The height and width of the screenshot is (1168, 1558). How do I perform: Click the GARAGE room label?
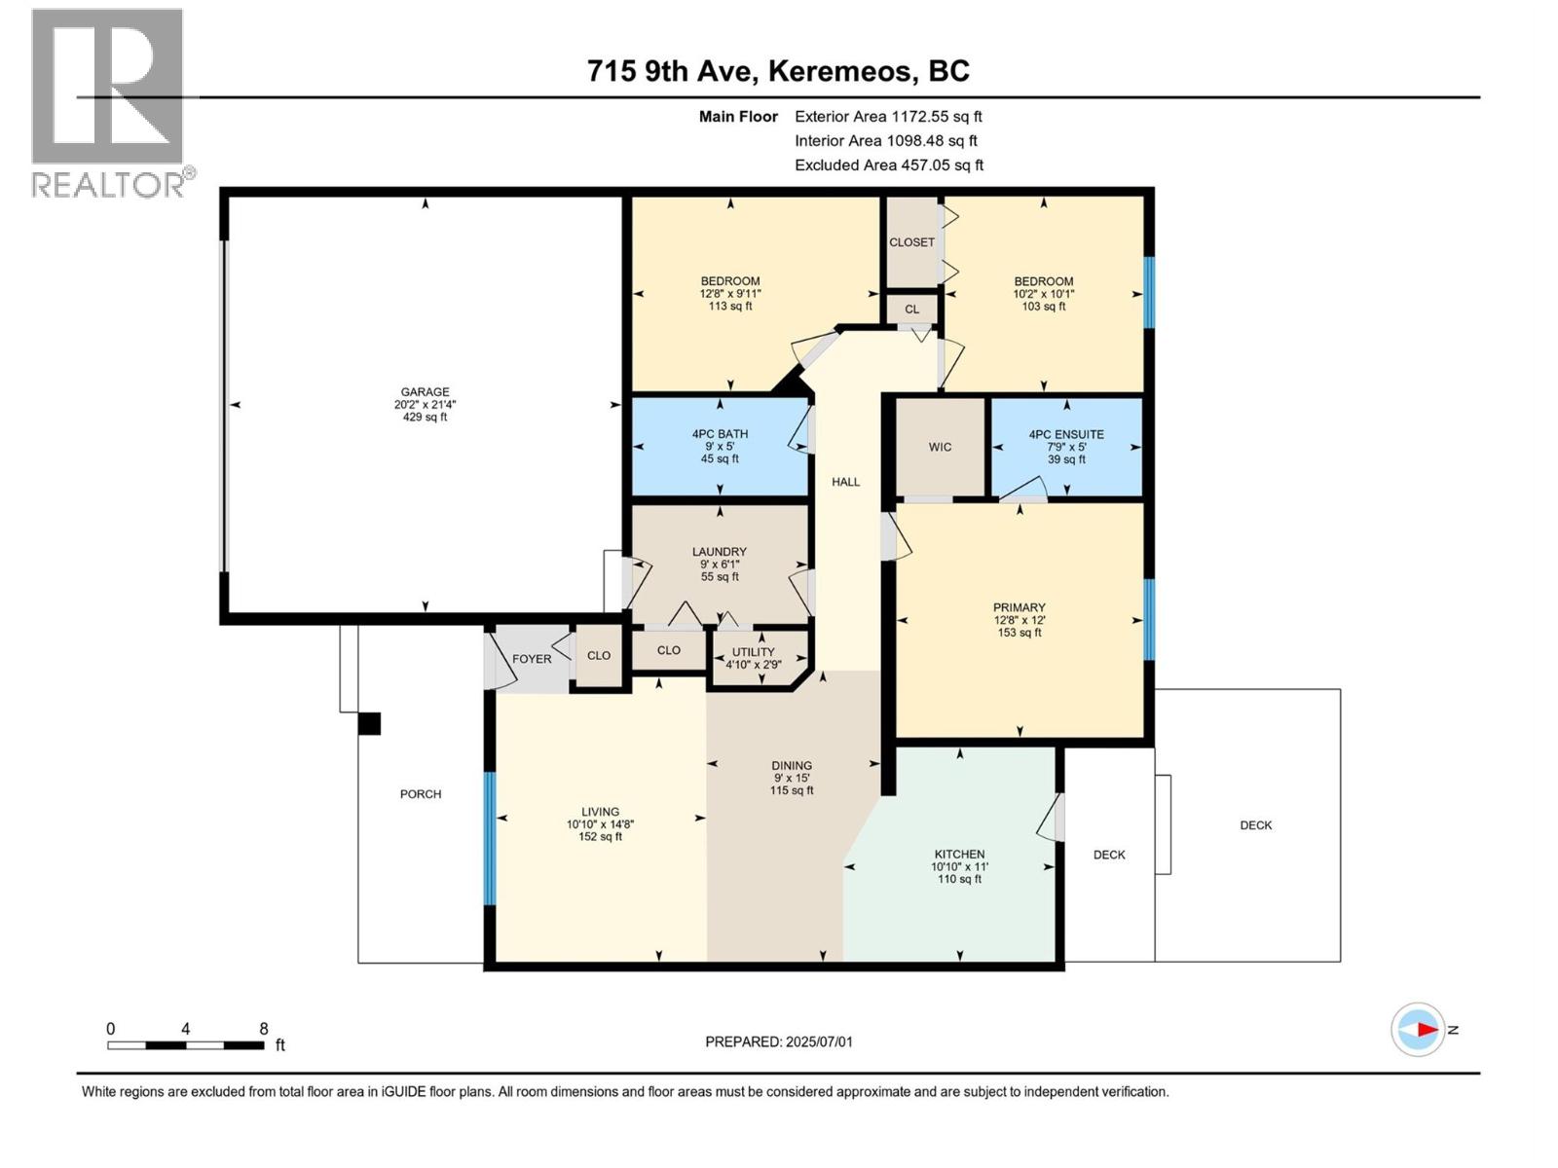[425, 392]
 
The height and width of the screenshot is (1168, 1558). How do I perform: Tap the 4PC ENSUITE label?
[1066, 435]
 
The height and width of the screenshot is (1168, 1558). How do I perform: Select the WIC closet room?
[940, 448]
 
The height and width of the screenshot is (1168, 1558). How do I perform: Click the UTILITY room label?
[754, 652]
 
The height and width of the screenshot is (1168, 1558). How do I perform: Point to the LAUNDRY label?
[720, 552]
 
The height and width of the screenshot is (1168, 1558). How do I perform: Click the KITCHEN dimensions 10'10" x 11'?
[959, 866]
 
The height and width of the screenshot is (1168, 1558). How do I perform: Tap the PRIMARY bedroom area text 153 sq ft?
[1019, 633]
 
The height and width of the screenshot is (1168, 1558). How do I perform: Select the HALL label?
[845, 482]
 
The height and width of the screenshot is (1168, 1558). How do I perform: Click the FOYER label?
[532, 659]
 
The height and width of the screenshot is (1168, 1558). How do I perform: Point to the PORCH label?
[421, 794]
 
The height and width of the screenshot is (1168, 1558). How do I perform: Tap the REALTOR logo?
[108, 102]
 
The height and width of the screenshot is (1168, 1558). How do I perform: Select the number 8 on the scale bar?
[263, 1029]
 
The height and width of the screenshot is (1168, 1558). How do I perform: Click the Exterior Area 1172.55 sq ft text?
[888, 116]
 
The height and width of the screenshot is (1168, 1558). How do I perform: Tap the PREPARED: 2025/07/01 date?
[779, 1041]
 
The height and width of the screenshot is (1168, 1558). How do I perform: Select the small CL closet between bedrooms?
[911, 310]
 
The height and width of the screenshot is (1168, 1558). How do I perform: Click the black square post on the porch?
[369, 723]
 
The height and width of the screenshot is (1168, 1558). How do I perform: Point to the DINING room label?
[792, 766]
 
